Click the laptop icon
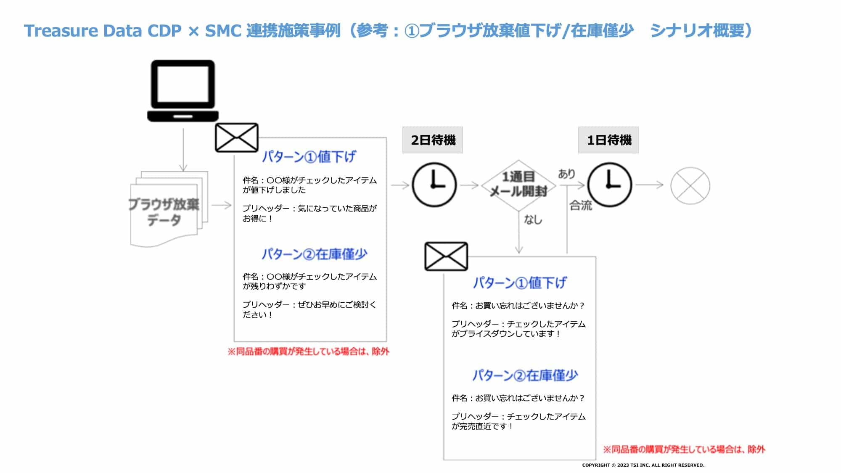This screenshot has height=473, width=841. pos(183,91)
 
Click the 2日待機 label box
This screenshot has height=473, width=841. pos(433,140)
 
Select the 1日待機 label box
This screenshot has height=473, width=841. pos(608,140)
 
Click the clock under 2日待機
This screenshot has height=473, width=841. pos(434,185)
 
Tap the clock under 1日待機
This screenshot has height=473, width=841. pos(609,185)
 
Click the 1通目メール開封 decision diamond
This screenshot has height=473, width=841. pos(518,185)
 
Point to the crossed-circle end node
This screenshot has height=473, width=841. pos(690,185)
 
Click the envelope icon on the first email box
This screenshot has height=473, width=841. pos(236,137)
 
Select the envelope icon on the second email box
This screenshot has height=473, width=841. pos(446,256)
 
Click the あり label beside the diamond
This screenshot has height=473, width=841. pos(566,174)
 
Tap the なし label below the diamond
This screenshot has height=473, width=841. pos(533,219)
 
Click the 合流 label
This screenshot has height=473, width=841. pos(581,206)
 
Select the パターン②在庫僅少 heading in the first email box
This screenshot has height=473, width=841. pos(314,254)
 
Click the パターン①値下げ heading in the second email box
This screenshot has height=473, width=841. pos(520,283)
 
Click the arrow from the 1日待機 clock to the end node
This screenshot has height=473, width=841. pos(649,185)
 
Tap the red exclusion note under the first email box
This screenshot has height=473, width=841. pos(308,351)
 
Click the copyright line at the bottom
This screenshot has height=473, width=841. pos(643,465)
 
